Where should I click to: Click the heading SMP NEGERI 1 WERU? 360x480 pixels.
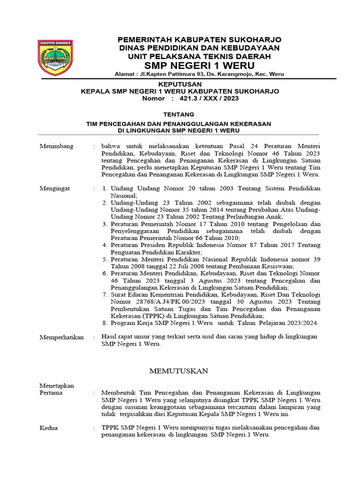pyautogui.click(x=199, y=65)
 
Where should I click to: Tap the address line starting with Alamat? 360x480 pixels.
pyautogui.click(x=199, y=74)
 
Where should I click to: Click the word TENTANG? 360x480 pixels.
pyautogui.click(x=180, y=114)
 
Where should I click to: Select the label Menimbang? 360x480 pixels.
pyautogui.click(x=56, y=146)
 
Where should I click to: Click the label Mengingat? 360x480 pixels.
pyautogui.click(x=55, y=188)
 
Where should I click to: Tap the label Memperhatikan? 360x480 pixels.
pyautogui.click(x=61, y=337)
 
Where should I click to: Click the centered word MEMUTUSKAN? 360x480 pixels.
pyautogui.click(x=179, y=371)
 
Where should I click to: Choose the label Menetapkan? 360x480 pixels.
pyautogui.click(x=57, y=386)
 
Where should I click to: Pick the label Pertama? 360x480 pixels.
pyautogui.click(x=51, y=393)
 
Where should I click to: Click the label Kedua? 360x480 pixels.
pyautogui.click(x=49, y=428)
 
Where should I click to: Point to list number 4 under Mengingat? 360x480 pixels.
pyautogui.click(x=105, y=245)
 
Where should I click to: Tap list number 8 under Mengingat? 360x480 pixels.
pyautogui.click(x=105, y=323)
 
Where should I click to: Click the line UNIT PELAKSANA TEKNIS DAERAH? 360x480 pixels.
pyautogui.click(x=199, y=56)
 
